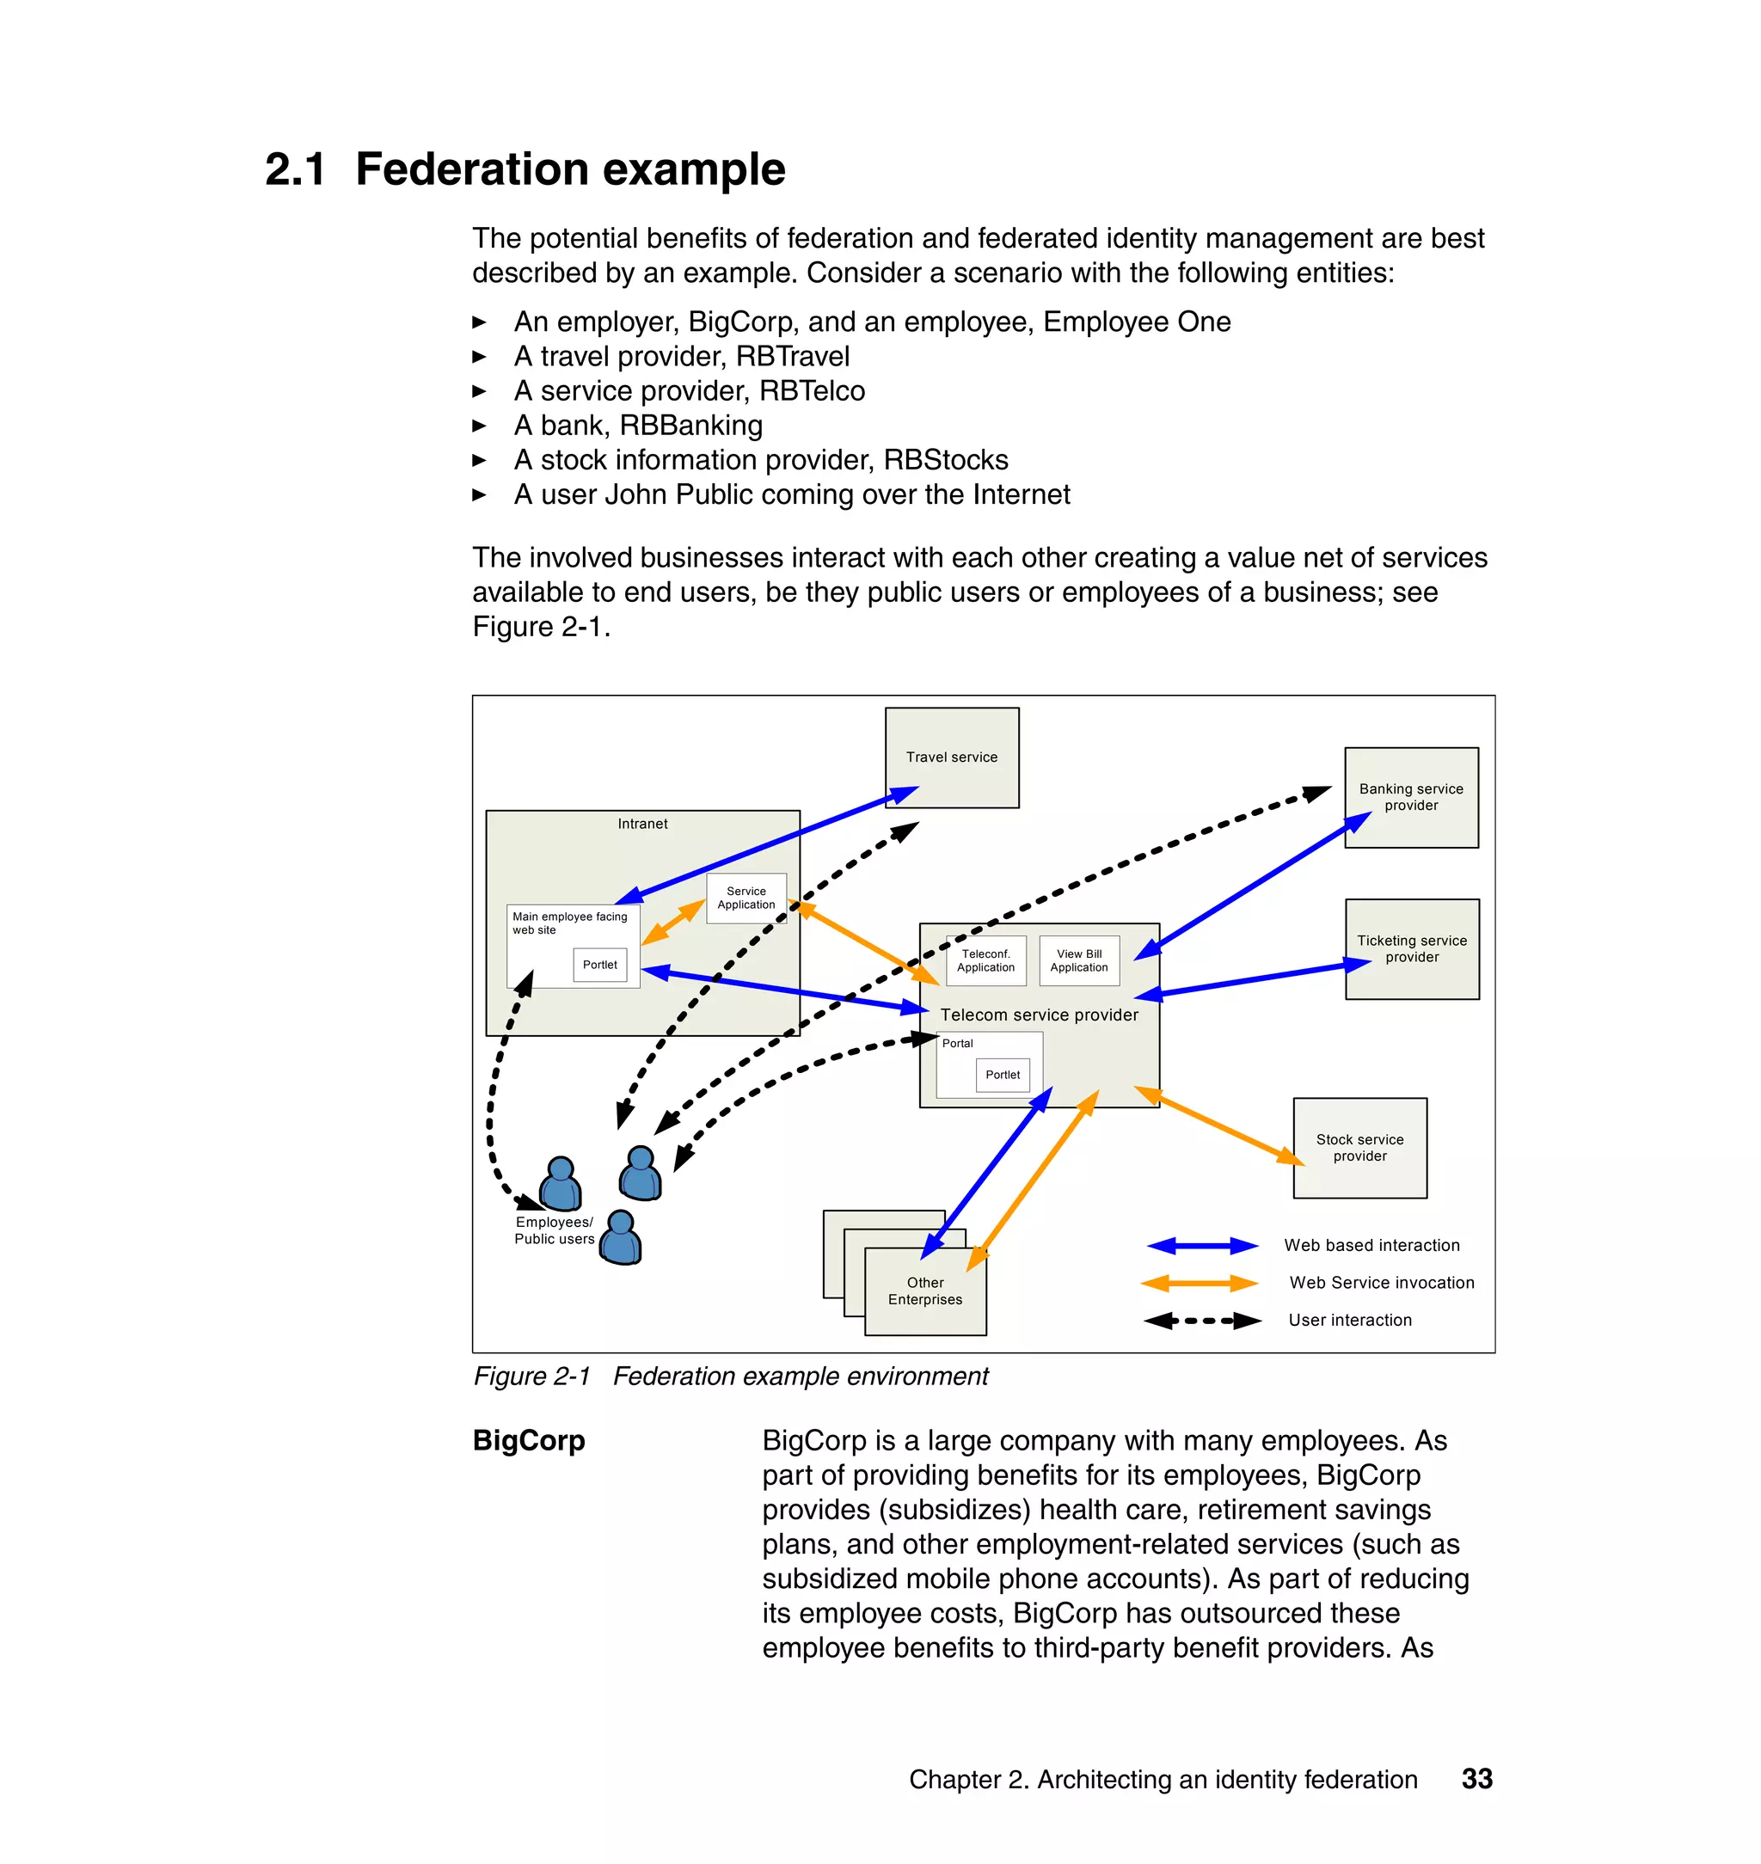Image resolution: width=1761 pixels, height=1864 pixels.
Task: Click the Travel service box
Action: tap(951, 757)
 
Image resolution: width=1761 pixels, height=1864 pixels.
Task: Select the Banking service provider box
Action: tap(1410, 797)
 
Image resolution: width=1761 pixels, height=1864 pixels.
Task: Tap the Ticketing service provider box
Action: tap(1411, 948)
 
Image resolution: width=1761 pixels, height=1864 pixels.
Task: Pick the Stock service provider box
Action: tap(1359, 1147)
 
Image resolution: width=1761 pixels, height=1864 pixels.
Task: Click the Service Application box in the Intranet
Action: tap(746, 898)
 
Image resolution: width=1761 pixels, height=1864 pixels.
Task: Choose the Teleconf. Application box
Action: tap(985, 960)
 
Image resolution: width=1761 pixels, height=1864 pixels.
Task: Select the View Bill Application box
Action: tap(1078, 960)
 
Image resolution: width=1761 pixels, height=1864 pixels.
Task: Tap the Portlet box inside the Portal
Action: tap(1003, 1075)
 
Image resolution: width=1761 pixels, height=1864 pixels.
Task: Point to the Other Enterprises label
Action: tap(924, 1291)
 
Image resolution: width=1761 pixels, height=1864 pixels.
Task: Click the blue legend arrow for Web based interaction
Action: tap(1201, 1246)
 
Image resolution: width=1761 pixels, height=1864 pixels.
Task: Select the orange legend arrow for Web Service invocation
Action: tap(1199, 1283)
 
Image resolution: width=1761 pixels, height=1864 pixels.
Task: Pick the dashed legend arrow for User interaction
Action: tap(1201, 1321)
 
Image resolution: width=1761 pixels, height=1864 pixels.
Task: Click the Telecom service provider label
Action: tap(1039, 1015)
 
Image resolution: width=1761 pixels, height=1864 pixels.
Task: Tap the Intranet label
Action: tap(642, 823)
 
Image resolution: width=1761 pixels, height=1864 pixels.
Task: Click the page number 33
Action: tap(1476, 1779)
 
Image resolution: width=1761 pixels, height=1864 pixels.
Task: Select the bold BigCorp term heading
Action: tap(529, 1440)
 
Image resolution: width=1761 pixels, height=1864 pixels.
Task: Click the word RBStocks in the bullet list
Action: tap(945, 460)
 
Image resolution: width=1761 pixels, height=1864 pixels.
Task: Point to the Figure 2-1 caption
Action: tap(730, 1376)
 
